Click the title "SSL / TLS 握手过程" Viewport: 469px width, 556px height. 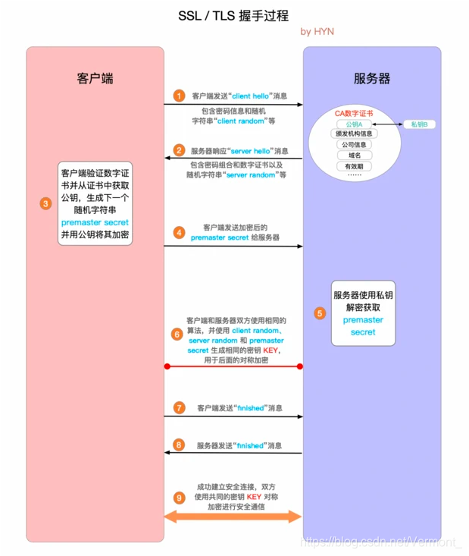coord(233,15)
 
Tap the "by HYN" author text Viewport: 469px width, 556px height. coord(317,32)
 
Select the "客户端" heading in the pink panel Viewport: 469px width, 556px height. coord(95,79)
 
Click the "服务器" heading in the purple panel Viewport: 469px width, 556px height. coord(372,79)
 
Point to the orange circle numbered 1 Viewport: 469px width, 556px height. coord(179,96)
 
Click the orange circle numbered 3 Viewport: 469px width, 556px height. coord(45,203)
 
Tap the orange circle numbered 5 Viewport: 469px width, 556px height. coord(320,313)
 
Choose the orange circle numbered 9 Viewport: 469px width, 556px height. coord(179,498)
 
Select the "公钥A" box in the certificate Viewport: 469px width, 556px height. coord(354,124)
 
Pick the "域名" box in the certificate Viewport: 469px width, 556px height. coord(354,155)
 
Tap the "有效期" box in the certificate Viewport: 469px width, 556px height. coord(354,165)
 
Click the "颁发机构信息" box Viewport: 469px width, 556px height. coord(354,134)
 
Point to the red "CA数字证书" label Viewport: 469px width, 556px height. coord(354,114)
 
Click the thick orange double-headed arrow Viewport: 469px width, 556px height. coord(233,517)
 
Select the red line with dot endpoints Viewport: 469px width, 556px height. coord(233,366)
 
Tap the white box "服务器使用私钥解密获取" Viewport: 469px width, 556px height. coord(363,313)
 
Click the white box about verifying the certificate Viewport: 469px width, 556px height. coord(95,203)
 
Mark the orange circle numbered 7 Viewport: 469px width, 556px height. coord(179,407)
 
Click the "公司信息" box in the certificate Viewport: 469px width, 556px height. coord(354,145)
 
